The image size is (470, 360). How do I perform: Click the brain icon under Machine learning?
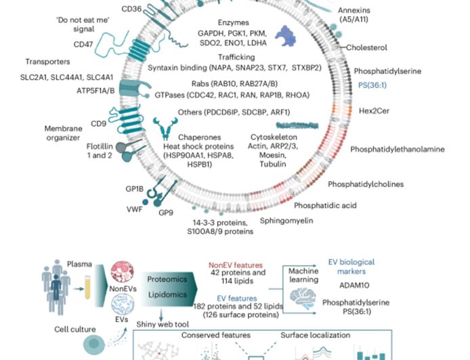pyautogui.click(x=299, y=299)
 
